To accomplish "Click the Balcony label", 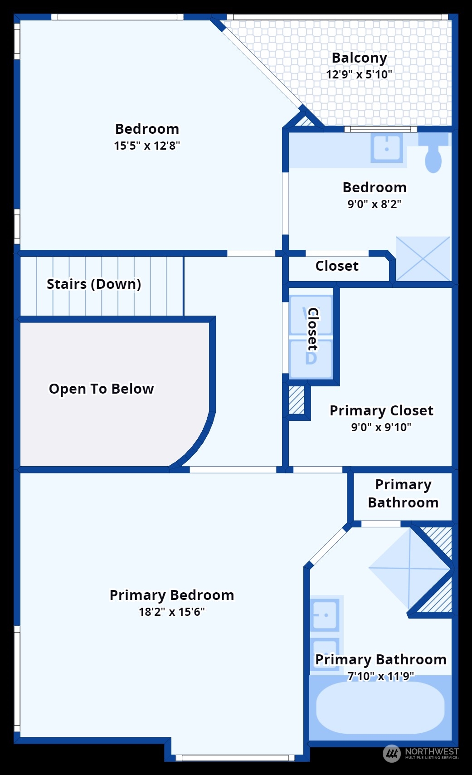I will (359, 58).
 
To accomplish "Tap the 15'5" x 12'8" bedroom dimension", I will (147, 146).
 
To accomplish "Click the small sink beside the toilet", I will (387, 147).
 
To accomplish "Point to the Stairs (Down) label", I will (94, 284).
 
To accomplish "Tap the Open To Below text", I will (102, 389).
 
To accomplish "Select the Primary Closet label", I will (381, 410).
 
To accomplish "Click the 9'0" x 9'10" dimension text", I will (381, 427).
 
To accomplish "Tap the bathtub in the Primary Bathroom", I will (380, 707).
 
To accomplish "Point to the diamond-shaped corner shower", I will (409, 568).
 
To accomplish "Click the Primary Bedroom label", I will (172, 595).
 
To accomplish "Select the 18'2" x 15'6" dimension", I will (172, 612).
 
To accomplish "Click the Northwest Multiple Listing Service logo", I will (421, 753).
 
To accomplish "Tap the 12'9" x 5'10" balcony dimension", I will (359, 74).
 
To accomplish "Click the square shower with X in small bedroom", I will (423, 258).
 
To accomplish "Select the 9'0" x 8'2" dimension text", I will (375, 204).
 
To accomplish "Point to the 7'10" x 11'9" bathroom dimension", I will (381, 676).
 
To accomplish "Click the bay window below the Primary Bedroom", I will (235, 757).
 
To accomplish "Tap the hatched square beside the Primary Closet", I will (297, 400).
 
